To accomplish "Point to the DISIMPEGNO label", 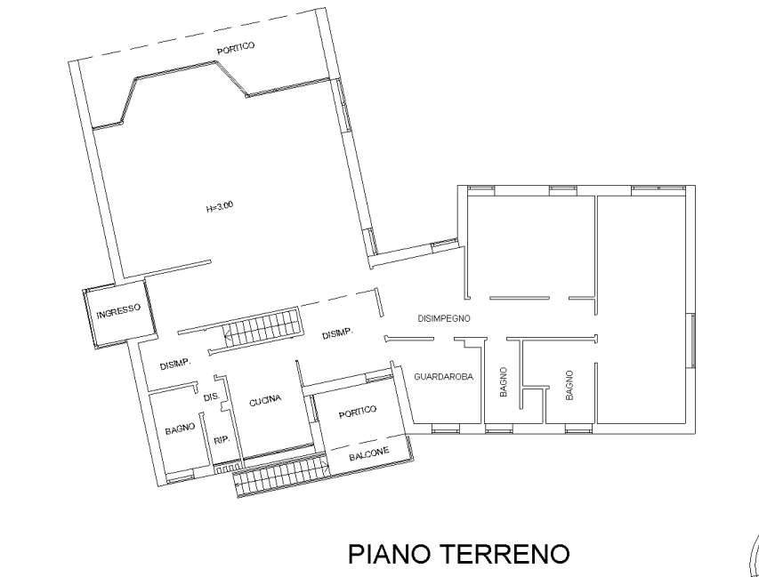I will (444, 317).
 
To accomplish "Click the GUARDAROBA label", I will (443, 377).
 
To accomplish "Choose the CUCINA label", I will (265, 400).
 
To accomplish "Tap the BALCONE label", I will (368, 453).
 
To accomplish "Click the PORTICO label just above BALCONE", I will (359, 410).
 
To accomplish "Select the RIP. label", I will (222, 439).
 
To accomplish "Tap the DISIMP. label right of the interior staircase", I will (338, 334).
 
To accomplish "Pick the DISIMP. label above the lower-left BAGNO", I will (176, 365).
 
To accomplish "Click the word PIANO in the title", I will (389, 555).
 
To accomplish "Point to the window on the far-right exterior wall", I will (691, 341).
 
